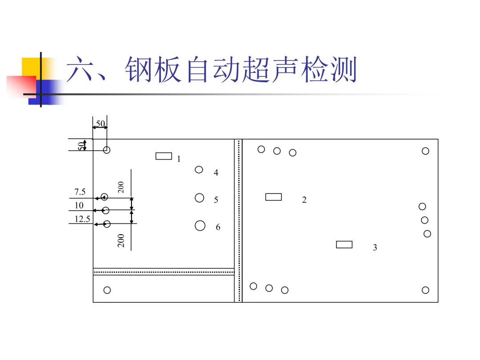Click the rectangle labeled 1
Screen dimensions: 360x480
(164, 156)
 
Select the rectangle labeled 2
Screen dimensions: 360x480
(273, 197)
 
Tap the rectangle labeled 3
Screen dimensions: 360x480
(344, 244)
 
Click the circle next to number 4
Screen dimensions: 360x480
(199, 169)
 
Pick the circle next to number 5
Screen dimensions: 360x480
(200, 198)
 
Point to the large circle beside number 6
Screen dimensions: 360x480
(200, 226)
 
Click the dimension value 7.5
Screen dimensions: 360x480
(80, 192)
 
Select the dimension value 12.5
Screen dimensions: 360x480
(82, 219)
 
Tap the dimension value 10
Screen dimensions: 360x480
(79, 205)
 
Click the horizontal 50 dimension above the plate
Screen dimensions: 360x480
(100, 123)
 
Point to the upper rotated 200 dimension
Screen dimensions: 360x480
(121, 187)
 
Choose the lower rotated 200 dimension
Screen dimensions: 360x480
(121, 240)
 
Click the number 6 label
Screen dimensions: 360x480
(218, 227)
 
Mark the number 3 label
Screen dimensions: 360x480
(375, 248)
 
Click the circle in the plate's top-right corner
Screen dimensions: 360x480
(425, 151)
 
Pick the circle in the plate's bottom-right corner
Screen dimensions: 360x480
(425, 290)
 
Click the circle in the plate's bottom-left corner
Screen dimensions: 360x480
(107, 290)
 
